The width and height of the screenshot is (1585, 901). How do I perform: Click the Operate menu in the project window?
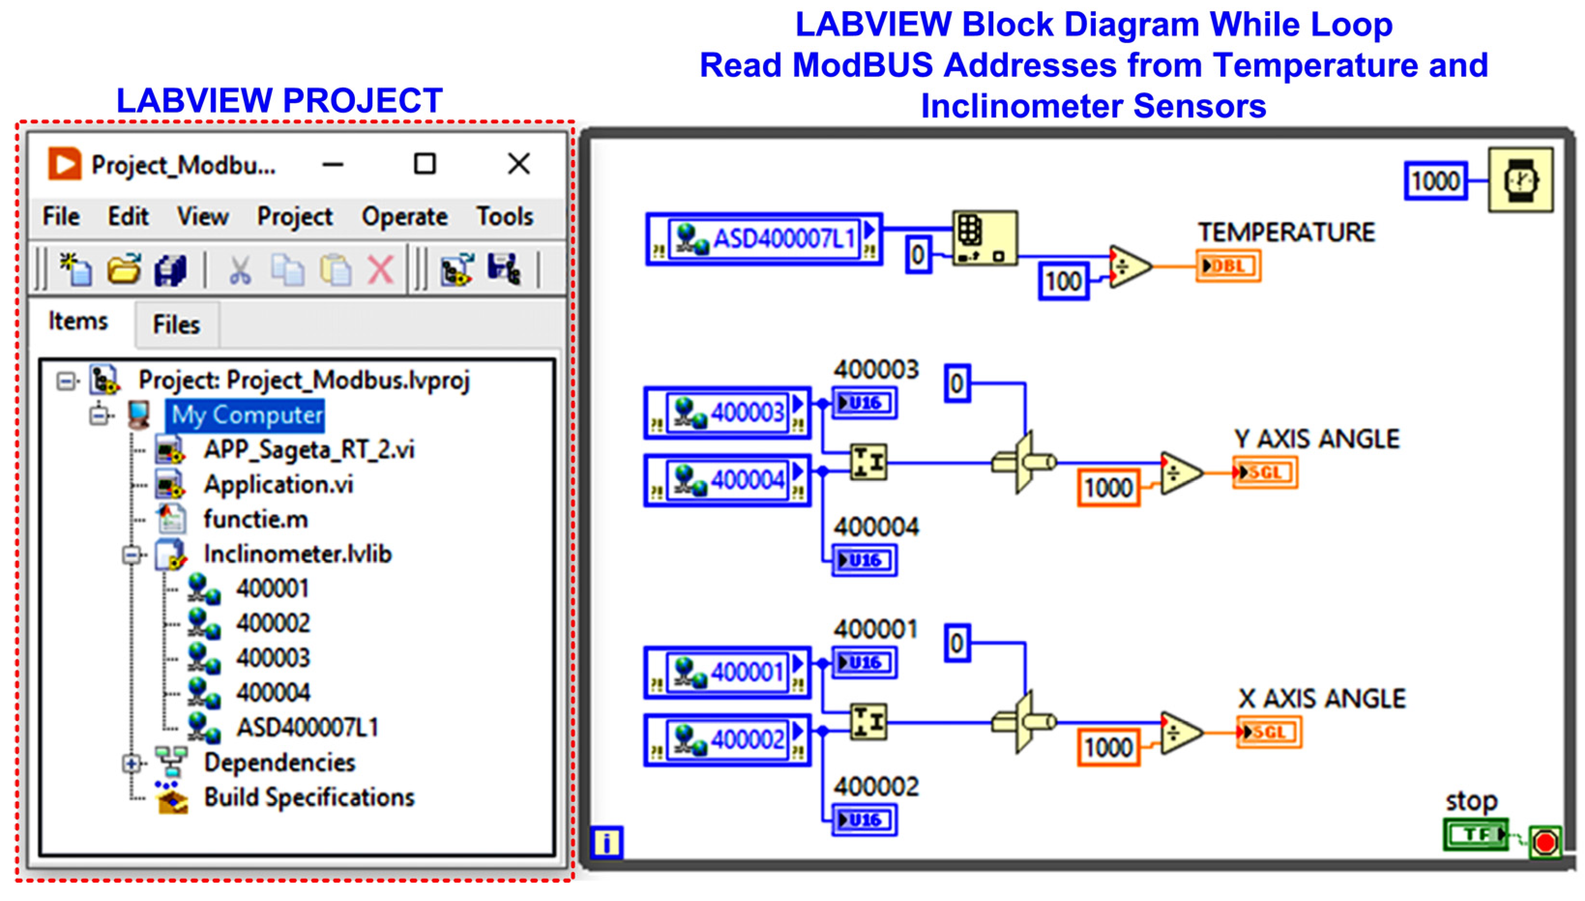coord(404,217)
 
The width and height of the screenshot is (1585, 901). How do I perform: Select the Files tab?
coord(176,324)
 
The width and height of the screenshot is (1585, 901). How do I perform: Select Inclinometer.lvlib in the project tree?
coord(297,554)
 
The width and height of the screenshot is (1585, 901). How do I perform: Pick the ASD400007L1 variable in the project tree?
coord(307,727)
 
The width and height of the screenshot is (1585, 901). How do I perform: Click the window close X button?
coord(519,164)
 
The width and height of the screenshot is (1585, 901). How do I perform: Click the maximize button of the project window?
coord(425,164)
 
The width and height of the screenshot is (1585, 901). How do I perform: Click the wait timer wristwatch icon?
coord(1520,180)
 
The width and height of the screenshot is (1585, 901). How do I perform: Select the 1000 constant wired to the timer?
coord(1435,181)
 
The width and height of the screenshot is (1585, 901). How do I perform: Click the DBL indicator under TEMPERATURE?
coord(1228,266)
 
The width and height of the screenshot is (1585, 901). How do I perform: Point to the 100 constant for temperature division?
coord(1063,281)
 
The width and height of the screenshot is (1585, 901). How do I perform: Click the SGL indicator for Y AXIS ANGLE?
coord(1264,473)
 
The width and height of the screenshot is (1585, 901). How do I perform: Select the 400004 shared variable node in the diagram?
coord(727,480)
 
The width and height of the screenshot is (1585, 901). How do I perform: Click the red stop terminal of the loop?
coord(1545,842)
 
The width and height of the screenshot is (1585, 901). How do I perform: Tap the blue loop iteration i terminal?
coord(606,842)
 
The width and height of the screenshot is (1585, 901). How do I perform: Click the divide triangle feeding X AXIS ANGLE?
coord(1181,733)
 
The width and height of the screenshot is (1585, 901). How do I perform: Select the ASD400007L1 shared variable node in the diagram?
coord(763,239)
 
